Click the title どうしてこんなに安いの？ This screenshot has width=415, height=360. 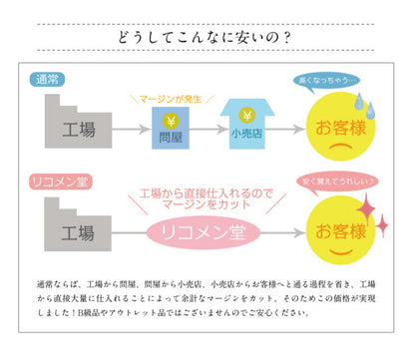click(207, 39)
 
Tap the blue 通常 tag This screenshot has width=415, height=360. click(48, 79)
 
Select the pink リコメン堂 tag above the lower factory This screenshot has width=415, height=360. click(60, 181)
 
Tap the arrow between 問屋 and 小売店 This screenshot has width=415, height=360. click(204, 130)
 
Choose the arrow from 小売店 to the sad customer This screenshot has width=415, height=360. click(285, 130)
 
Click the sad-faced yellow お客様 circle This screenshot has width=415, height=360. click(341, 128)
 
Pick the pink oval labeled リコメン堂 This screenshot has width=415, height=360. click(204, 231)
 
